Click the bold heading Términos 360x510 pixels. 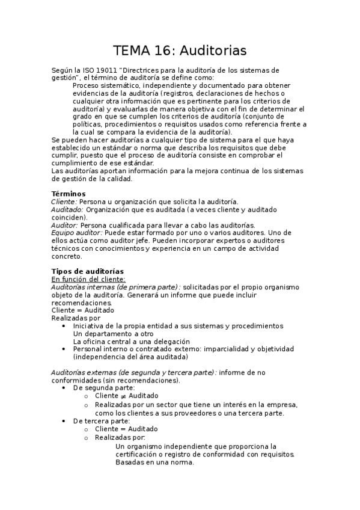point(69,194)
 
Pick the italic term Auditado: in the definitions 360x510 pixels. point(67,209)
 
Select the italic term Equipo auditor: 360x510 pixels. point(77,233)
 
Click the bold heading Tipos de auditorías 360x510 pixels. point(88,271)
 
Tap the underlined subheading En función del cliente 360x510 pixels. point(88,279)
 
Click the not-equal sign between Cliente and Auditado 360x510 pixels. point(123,396)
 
